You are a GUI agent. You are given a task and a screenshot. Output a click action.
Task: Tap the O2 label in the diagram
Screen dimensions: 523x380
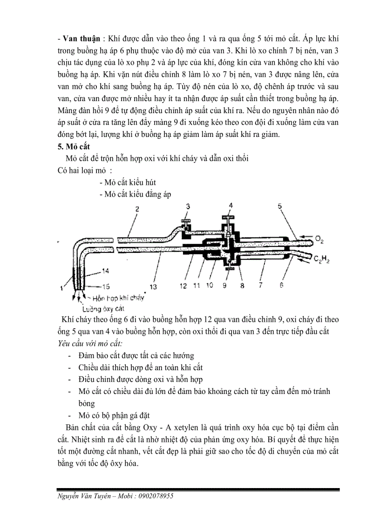[x=319, y=239]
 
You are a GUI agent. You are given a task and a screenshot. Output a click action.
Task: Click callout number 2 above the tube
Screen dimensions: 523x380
[x=137, y=210]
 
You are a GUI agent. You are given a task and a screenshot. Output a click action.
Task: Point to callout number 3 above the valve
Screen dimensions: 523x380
[x=188, y=206]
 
